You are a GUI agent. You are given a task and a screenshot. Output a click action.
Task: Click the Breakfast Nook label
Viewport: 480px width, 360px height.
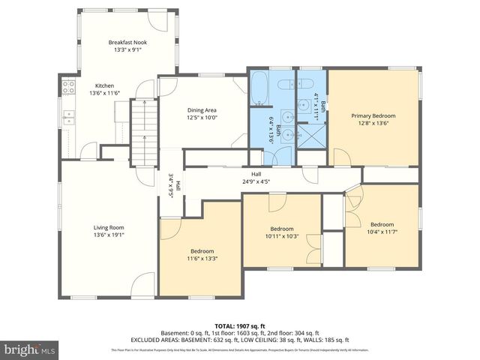(127, 43)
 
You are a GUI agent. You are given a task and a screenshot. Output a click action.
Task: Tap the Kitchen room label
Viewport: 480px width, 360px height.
(104, 85)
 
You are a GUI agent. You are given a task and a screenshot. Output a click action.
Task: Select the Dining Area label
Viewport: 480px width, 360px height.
(202, 110)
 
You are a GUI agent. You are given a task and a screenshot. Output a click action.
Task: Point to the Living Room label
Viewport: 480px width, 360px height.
(108, 227)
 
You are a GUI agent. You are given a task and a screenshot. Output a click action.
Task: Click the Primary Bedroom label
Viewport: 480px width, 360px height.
(373, 116)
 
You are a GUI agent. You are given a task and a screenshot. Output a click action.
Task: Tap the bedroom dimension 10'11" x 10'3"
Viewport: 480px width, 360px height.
(282, 235)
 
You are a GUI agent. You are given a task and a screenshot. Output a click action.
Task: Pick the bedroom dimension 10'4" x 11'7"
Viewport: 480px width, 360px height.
(381, 232)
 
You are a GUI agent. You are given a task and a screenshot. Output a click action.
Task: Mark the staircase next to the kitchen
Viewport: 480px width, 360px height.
(142, 130)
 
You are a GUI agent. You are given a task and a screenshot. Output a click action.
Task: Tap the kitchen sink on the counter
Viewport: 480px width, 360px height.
(68, 117)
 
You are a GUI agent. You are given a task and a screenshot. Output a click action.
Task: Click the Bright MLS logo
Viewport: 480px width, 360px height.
(29, 349)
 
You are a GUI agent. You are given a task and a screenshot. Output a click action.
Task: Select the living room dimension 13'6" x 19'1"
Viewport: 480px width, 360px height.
(108, 235)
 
